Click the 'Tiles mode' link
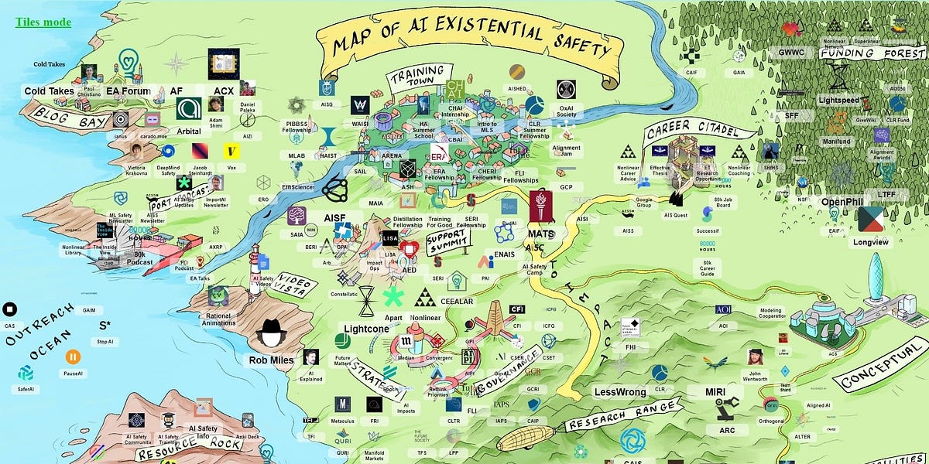pyautogui.click(x=43, y=22)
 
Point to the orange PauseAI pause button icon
pyautogui.click(x=72, y=357)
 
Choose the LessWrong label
pyautogui.click(x=619, y=392)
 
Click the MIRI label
pyautogui.click(x=704, y=392)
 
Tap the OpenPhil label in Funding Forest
pyautogui.click(x=842, y=202)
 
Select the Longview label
pyautogui.click(x=872, y=242)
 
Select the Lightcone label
pyautogui.click(x=366, y=329)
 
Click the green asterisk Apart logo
pyautogui.click(x=393, y=297)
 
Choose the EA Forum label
pyautogui.click(x=129, y=91)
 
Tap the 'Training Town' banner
pyautogui.click(x=417, y=77)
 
